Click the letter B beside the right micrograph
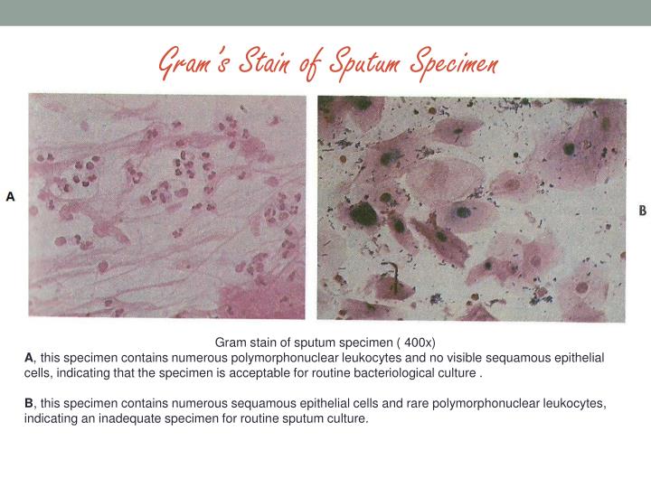click(642, 211)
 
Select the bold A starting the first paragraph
click(28, 359)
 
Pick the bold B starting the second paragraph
click(28, 404)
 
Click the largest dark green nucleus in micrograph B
click(363, 213)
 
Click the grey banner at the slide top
click(325, 12)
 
